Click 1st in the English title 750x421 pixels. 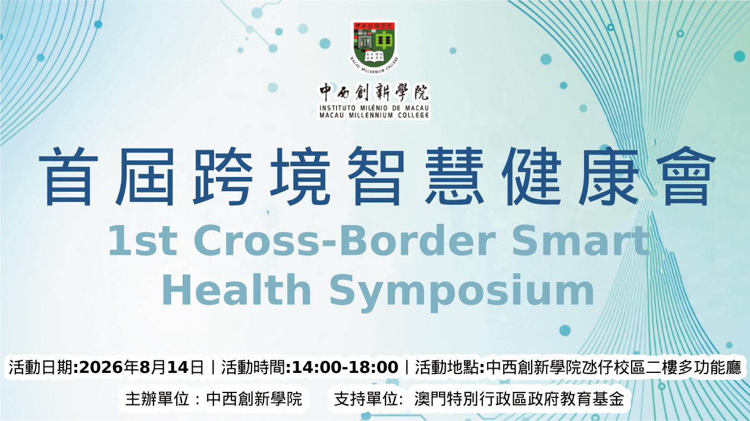pos(143,240)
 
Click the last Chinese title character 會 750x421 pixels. pos(686,176)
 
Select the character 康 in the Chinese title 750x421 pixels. pos(608,176)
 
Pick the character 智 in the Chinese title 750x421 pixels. pos(376,176)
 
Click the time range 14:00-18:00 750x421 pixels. pos(345,367)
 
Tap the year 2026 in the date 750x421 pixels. pos(102,367)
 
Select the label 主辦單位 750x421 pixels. pos(157,399)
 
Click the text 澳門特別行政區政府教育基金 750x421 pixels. pos(519,399)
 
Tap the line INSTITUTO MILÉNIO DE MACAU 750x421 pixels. pos(374,108)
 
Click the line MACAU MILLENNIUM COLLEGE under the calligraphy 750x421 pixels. pos(374,115)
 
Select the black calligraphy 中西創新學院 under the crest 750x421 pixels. pos(374,92)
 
